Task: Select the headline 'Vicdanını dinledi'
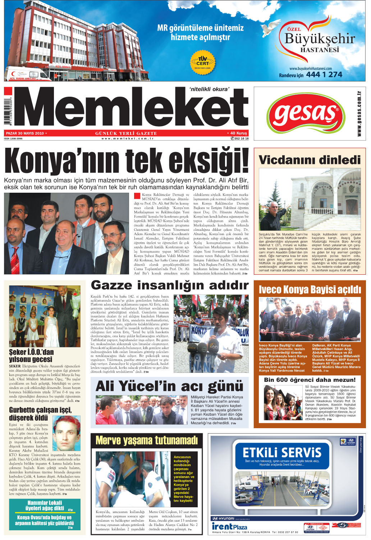[x=309, y=160]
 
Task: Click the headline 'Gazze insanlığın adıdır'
[x=169, y=285]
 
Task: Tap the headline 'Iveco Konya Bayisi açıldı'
[x=310, y=289]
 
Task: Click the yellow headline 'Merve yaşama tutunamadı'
[x=147, y=440]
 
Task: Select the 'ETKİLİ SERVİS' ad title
[x=281, y=452]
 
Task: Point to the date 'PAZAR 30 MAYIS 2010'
[x=24, y=133]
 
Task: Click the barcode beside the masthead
[x=8, y=111]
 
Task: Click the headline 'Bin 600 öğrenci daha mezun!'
[x=309, y=380]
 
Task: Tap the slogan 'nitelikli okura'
[x=209, y=89]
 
